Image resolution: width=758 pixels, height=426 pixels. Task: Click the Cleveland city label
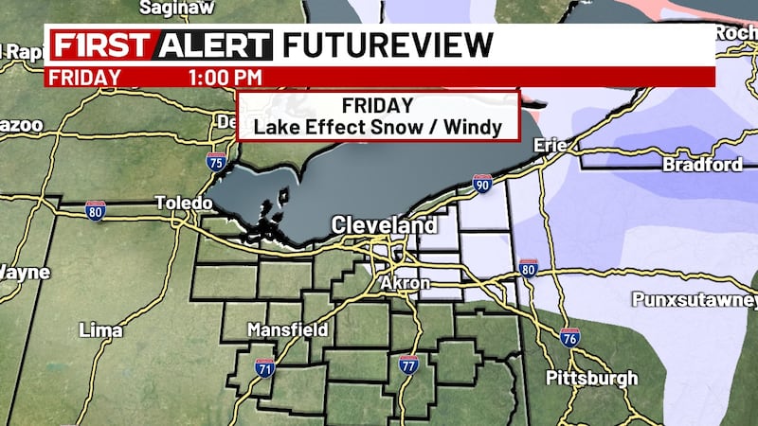coord(384,226)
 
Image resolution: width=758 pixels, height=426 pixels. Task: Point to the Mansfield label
coord(287,330)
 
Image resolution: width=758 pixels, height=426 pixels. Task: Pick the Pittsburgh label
coord(592,379)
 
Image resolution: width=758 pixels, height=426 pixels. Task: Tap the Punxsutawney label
coord(695,301)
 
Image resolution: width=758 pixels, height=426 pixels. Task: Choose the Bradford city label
coord(703,165)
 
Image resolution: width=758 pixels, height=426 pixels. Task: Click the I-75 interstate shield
coord(216,162)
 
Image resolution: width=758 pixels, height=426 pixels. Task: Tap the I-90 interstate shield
coord(482,183)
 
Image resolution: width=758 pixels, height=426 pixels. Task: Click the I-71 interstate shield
coord(264,367)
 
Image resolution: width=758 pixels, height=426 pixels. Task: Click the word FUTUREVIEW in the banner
coord(388,45)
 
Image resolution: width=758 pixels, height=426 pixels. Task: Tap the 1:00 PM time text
coord(225,77)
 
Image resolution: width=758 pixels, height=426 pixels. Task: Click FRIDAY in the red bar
coord(85,77)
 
